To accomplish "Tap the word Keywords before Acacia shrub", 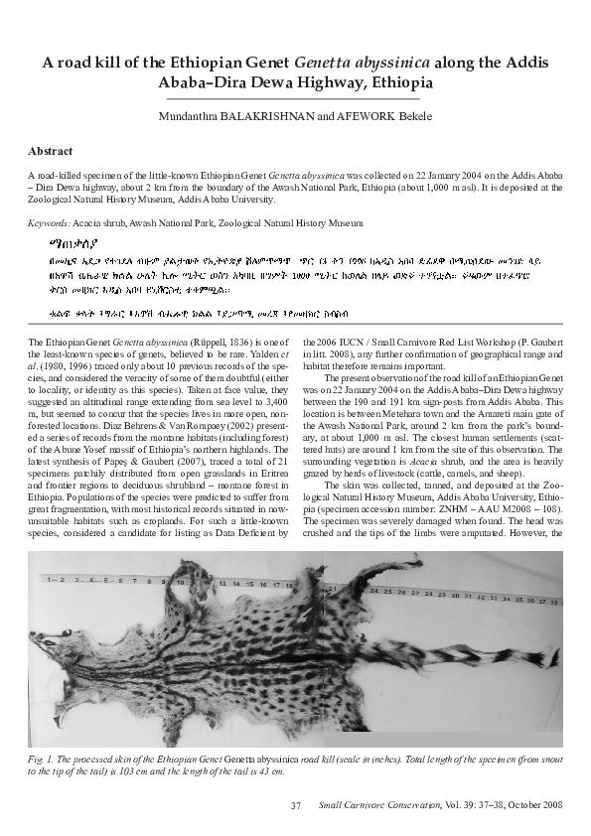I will (49, 224).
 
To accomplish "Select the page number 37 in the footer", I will (295, 805).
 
